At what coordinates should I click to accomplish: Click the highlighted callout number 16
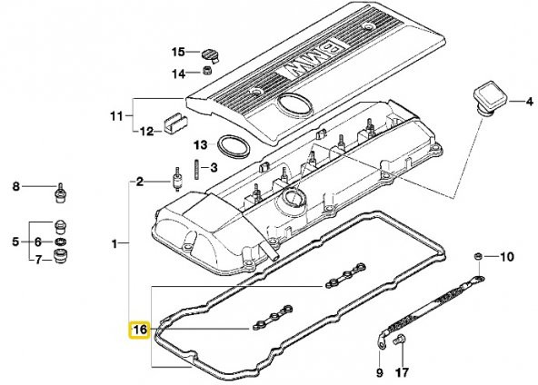coord(139,330)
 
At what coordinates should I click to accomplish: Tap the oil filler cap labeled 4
coord(490,99)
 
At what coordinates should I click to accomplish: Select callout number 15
coord(178,52)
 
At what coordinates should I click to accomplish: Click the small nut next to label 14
coord(207,71)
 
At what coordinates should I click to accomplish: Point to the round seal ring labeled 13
coord(234,146)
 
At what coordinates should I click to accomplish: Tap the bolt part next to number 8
coord(61,193)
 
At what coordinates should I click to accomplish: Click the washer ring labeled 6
coord(61,242)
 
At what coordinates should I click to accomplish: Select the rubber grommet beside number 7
coord(60,257)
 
